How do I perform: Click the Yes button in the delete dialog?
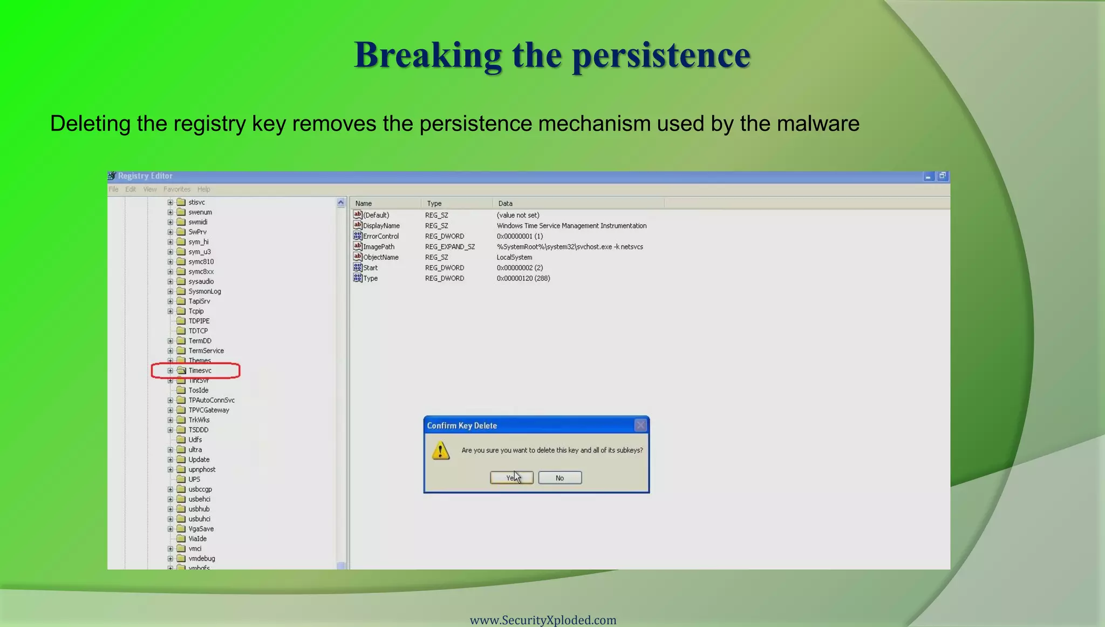pyautogui.click(x=511, y=478)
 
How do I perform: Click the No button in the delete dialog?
pyautogui.click(x=560, y=478)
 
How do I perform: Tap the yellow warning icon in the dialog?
pyautogui.click(x=441, y=450)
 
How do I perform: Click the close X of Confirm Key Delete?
pyautogui.click(x=640, y=426)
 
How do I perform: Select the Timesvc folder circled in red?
pyautogui.click(x=200, y=370)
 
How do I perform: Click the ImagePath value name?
pyautogui.click(x=378, y=247)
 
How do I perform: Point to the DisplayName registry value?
pyautogui.click(x=381, y=226)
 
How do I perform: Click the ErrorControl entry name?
pyautogui.click(x=380, y=236)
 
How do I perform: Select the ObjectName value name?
pyautogui.click(x=380, y=258)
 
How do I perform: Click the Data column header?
pyautogui.click(x=506, y=204)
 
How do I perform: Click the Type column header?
pyautogui.click(x=434, y=204)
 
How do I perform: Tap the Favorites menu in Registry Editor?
pyautogui.click(x=177, y=190)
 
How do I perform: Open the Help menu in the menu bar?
pyautogui.click(x=203, y=190)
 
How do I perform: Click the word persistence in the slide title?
pyautogui.click(x=661, y=55)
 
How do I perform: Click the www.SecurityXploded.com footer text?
pyautogui.click(x=543, y=620)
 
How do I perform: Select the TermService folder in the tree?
pyautogui.click(x=206, y=350)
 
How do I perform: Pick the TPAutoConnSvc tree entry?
pyautogui.click(x=211, y=400)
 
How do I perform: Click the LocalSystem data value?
pyautogui.click(x=514, y=258)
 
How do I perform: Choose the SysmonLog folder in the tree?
pyautogui.click(x=204, y=292)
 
